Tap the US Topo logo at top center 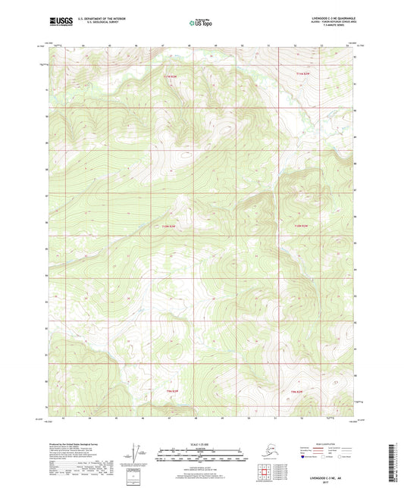[200, 23]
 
